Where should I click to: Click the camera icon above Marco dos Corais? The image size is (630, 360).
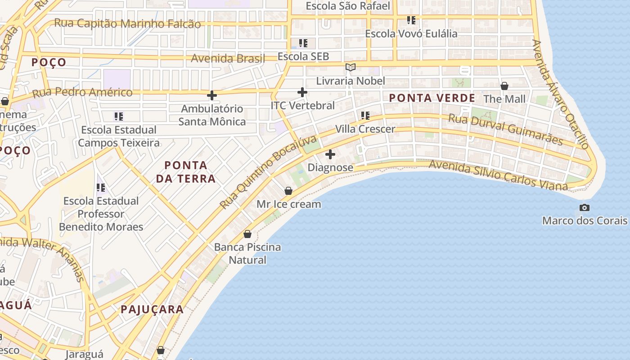(585, 207)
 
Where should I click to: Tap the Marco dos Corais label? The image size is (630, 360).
(585, 220)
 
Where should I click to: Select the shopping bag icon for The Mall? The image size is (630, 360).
(504, 86)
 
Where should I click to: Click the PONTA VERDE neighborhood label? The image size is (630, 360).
(432, 98)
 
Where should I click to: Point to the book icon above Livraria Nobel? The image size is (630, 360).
(351, 67)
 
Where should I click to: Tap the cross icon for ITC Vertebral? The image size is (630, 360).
(302, 93)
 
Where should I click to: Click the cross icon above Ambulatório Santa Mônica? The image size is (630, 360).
(212, 95)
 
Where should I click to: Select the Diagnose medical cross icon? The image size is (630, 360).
(330, 155)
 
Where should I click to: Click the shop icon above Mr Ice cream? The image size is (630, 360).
(288, 191)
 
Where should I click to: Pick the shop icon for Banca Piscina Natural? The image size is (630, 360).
(247, 234)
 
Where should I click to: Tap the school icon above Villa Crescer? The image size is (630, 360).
(365, 116)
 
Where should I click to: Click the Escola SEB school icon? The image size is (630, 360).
(303, 43)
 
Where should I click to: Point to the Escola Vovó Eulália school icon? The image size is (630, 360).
(411, 20)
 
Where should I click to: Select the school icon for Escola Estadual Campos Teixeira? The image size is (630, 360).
(119, 117)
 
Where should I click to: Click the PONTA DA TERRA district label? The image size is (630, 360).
(186, 172)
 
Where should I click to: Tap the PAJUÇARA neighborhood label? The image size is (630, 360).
(152, 310)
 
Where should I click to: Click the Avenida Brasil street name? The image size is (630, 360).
(228, 58)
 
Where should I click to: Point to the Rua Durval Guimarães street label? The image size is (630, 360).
(505, 130)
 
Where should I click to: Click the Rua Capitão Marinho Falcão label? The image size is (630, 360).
(127, 23)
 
